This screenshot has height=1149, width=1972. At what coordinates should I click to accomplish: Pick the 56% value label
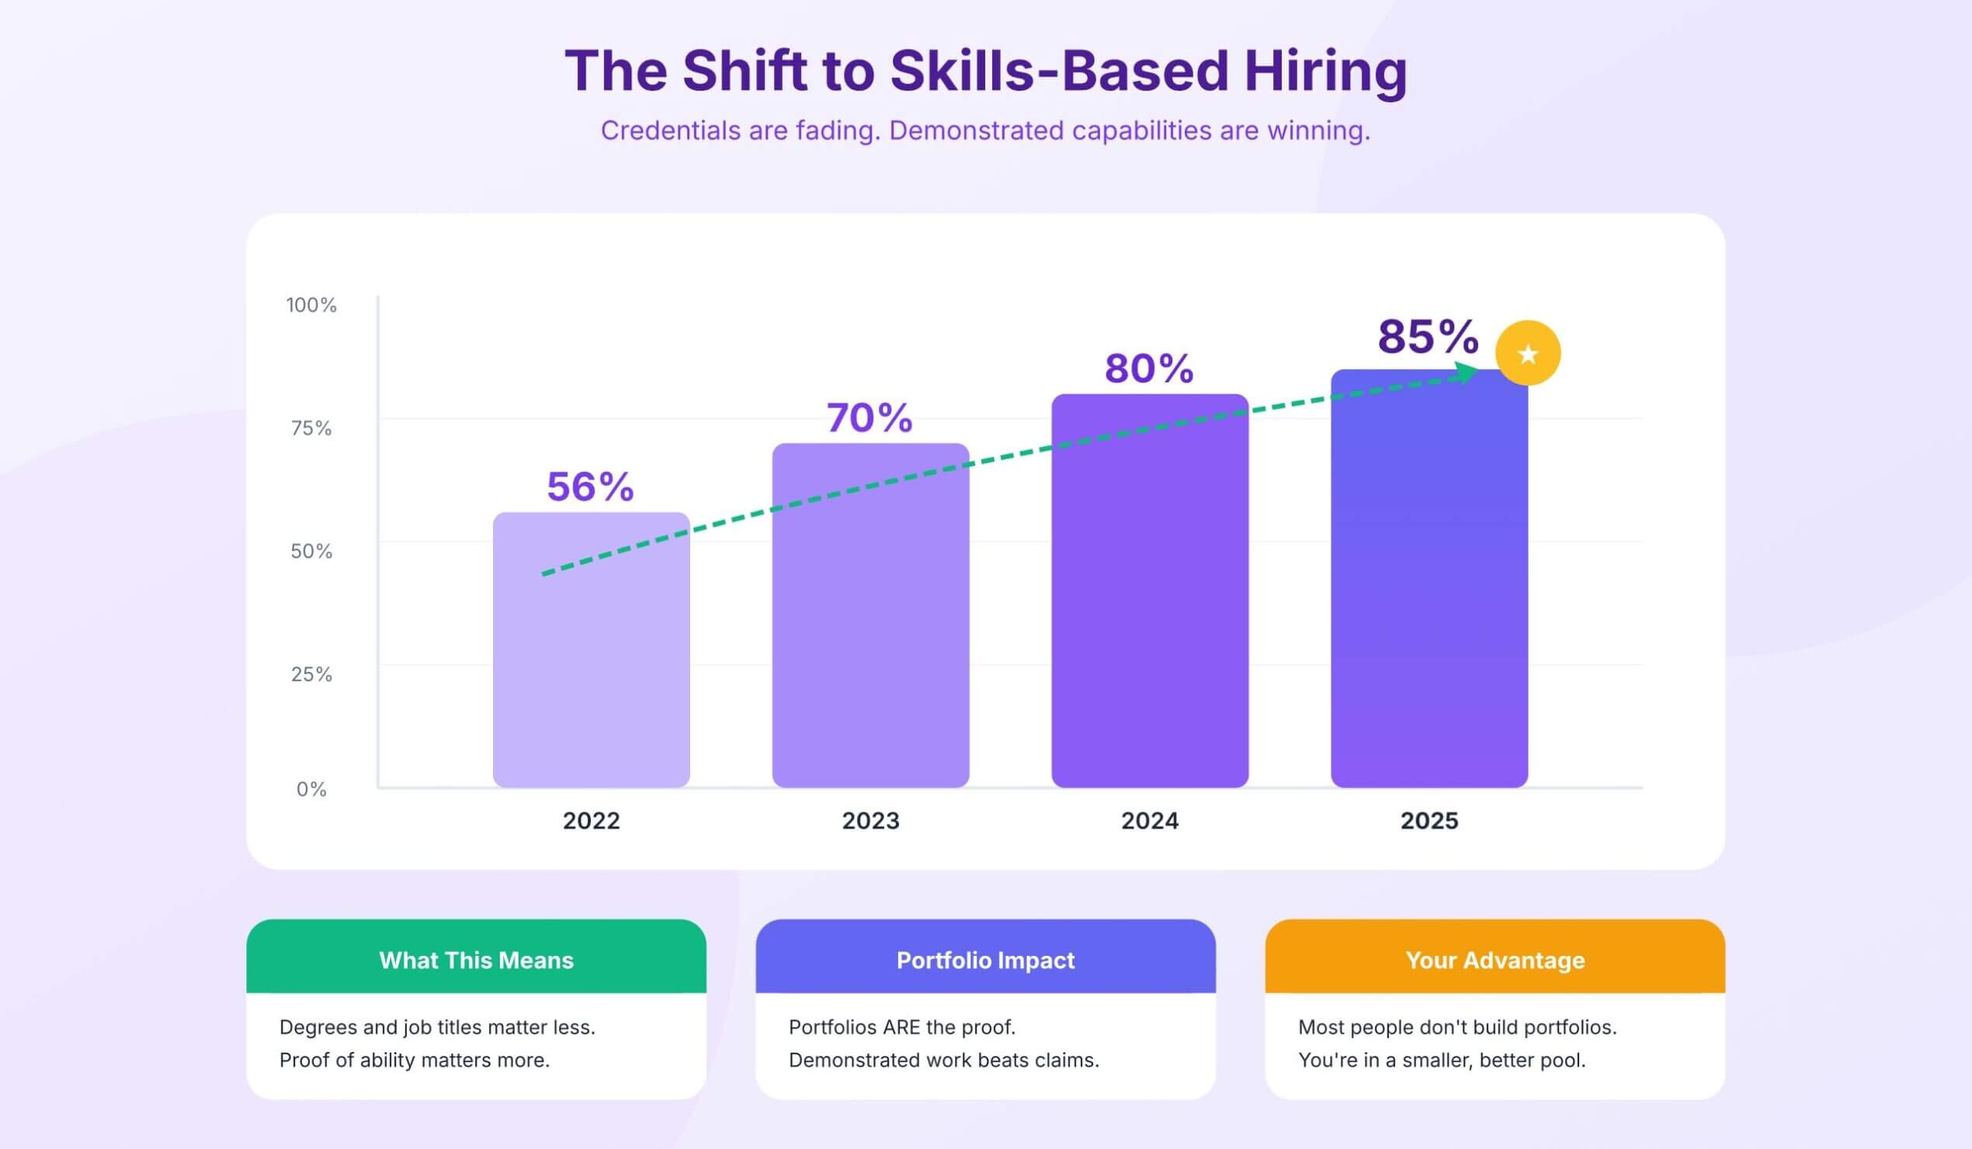[590, 486]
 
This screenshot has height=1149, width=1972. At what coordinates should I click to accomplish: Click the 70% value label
[870, 417]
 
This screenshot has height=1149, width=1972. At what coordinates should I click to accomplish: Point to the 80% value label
[1149, 369]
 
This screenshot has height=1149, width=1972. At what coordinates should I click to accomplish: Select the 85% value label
[1428, 337]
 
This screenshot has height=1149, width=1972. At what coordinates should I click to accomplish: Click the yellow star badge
[1527, 354]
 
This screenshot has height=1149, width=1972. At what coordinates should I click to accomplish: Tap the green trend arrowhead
[1466, 373]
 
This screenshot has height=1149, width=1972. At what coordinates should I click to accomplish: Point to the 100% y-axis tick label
[311, 305]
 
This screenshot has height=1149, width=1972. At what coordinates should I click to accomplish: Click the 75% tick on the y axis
[311, 427]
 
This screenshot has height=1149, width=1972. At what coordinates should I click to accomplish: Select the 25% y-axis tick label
[311, 674]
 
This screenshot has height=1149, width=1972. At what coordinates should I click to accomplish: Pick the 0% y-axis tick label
[311, 789]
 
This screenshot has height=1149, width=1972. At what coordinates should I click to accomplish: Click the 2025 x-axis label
[1429, 821]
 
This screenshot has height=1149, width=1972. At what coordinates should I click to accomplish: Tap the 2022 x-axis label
[591, 821]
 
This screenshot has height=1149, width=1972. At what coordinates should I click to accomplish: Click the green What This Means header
[476, 960]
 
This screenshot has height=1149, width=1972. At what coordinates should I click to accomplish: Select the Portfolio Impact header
[985, 960]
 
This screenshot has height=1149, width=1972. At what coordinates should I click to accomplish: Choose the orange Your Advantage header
[1495, 960]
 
